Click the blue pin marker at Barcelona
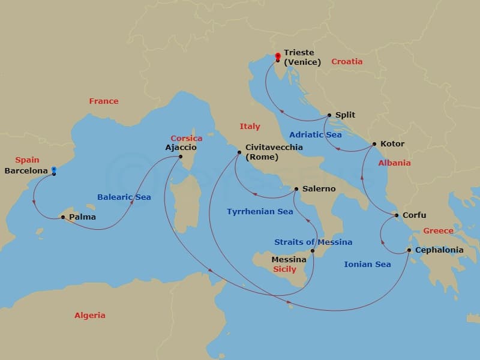pos(54,170)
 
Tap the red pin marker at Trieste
pos(277,57)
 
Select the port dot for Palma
pos(63,217)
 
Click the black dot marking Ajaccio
pos(181,157)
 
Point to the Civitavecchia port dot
pos(238,152)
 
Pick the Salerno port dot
pos(296,189)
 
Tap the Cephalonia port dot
pos(409,250)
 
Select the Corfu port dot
pos(397,215)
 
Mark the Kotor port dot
pos(374,144)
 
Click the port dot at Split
pos(329,115)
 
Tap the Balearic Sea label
pos(124,197)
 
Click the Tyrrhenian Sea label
pos(260,211)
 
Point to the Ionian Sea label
pos(367,264)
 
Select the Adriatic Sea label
pos(315,134)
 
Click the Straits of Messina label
pos(313,242)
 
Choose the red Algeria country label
pos(89,315)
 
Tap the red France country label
pos(104,101)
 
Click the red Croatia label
pos(347,61)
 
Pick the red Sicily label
pos(284,269)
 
